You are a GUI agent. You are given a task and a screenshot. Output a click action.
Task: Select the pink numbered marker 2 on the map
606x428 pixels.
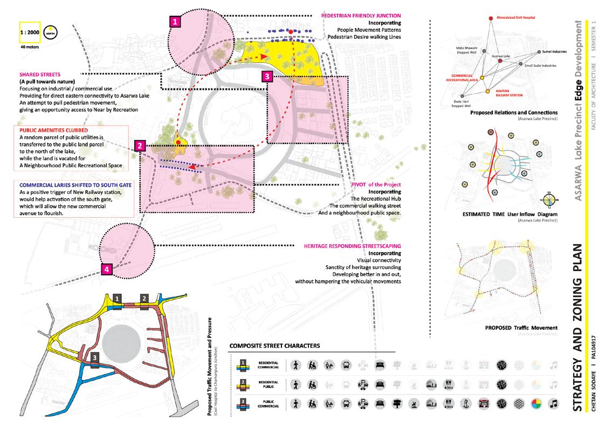[x=139, y=146]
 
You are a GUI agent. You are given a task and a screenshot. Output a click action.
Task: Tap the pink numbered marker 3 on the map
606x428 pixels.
[x=267, y=77]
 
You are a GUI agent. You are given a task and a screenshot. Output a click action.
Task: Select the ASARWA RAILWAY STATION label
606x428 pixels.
[x=505, y=95]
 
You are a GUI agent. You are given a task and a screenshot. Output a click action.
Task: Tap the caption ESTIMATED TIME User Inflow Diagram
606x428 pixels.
[x=509, y=215]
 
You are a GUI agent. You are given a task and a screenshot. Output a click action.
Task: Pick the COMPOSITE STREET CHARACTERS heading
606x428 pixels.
[x=274, y=346]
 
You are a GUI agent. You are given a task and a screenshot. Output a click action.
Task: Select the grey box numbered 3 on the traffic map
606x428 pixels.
[x=94, y=357]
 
